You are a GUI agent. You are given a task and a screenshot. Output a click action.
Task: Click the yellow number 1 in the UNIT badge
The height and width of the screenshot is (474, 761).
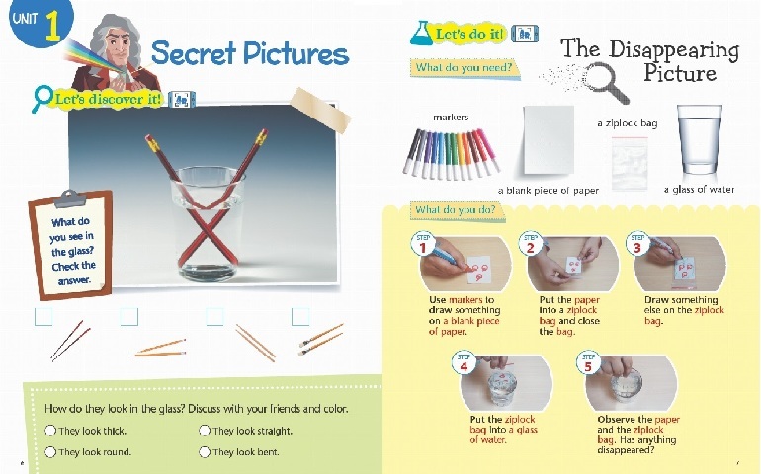[53, 26]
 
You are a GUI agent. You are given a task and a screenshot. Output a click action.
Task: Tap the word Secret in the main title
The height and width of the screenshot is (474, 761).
[194, 52]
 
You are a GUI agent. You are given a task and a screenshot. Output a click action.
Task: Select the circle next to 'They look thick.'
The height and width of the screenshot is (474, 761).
[50, 431]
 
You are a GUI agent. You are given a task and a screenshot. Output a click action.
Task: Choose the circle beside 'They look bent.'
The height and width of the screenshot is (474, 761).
[205, 452]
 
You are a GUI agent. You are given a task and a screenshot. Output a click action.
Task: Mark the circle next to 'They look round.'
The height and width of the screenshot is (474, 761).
[50, 452]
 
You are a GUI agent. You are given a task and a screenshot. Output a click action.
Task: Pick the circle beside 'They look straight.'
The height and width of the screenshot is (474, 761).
[205, 431]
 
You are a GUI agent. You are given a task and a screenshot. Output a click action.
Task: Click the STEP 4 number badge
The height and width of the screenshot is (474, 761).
[464, 363]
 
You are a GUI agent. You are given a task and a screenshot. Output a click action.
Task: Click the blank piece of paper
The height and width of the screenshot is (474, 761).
[549, 139]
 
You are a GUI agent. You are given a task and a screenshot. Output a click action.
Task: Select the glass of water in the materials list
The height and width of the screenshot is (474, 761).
[700, 140]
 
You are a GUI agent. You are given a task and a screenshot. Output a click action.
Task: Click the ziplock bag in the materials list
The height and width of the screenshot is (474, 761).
[630, 164]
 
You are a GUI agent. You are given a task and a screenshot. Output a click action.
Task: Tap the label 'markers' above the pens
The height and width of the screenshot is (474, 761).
[451, 118]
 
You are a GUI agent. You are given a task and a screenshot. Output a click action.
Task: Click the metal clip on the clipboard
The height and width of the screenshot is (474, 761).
[70, 198]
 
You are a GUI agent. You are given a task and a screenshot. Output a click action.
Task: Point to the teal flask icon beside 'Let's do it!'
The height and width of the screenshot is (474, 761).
[421, 33]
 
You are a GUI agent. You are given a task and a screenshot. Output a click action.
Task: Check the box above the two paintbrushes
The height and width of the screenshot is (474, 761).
[300, 317]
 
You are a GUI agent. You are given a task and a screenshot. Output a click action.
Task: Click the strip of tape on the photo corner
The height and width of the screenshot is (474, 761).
[321, 111]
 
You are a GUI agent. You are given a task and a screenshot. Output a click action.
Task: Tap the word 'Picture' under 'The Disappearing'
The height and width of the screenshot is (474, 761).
[680, 73]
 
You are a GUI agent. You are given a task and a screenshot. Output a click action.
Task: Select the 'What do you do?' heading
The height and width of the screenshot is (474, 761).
[456, 210]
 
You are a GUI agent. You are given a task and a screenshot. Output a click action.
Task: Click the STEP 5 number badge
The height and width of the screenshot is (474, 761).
[588, 363]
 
